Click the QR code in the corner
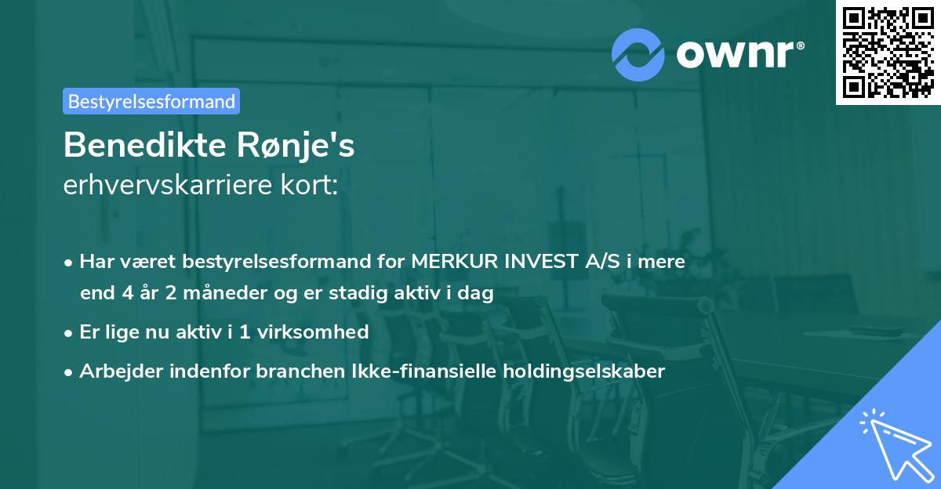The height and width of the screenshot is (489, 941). click(888, 53)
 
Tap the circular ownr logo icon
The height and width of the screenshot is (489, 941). click(638, 54)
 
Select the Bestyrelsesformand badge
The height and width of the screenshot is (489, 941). click(151, 101)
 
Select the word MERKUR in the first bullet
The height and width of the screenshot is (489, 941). click(449, 262)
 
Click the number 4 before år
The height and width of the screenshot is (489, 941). click(127, 294)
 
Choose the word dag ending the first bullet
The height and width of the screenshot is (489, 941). click(477, 294)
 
